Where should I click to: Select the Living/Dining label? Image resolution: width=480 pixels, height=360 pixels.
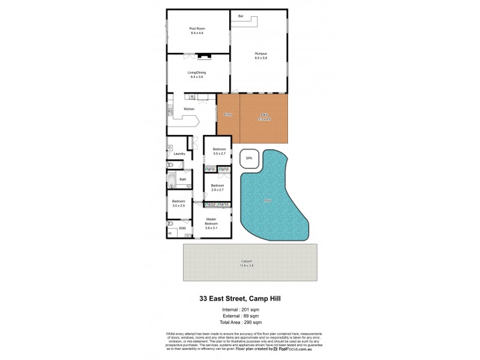pos(197,73)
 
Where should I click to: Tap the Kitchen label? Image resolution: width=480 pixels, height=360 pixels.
pos(189,109)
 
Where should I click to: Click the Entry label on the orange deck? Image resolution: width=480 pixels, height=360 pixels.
pos(227,114)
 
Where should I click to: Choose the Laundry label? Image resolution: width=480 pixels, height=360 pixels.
pos(179,154)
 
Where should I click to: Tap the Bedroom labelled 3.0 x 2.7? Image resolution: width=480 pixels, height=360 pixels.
pos(218,151)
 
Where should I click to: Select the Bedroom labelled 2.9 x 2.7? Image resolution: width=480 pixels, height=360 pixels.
pos(217,188)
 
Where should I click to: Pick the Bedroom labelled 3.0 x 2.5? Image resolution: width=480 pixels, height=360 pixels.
pos(179,203)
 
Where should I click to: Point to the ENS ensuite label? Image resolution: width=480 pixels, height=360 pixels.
pos(182,228)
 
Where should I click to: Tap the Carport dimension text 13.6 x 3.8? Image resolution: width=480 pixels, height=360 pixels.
pos(247,265)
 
